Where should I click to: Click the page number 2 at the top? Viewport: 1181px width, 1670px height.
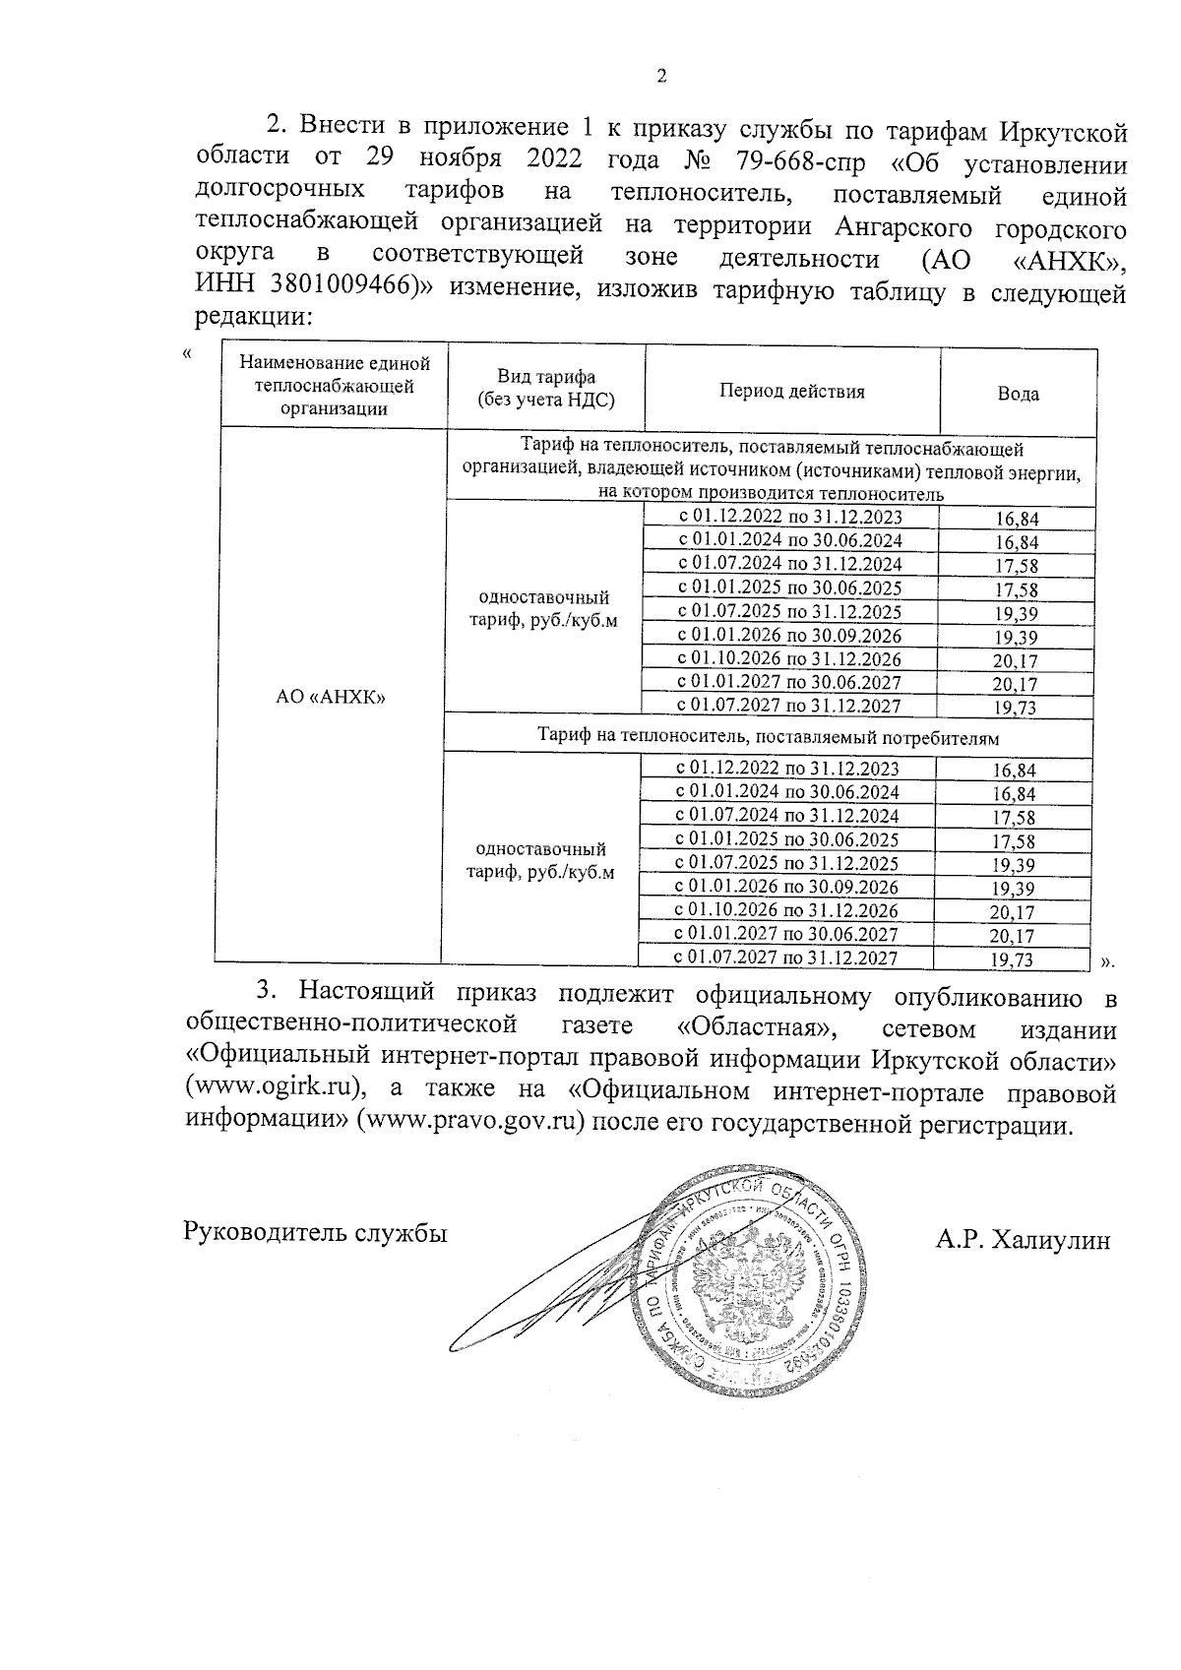pyautogui.click(x=661, y=77)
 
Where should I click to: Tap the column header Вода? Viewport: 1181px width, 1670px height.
pyautogui.click(x=1018, y=394)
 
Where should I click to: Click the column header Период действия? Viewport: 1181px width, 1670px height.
pyautogui.click(x=791, y=391)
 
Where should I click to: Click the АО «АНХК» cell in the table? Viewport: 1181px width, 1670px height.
pyautogui.click(x=331, y=697)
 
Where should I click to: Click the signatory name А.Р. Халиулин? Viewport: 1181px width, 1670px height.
pyautogui.click(x=1023, y=1240)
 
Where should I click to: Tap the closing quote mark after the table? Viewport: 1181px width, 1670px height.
pyautogui.click(x=1106, y=960)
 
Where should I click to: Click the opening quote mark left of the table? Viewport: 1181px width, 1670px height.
pyautogui.click(x=187, y=353)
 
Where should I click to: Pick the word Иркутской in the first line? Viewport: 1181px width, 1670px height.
pyautogui.click(x=1063, y=129)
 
